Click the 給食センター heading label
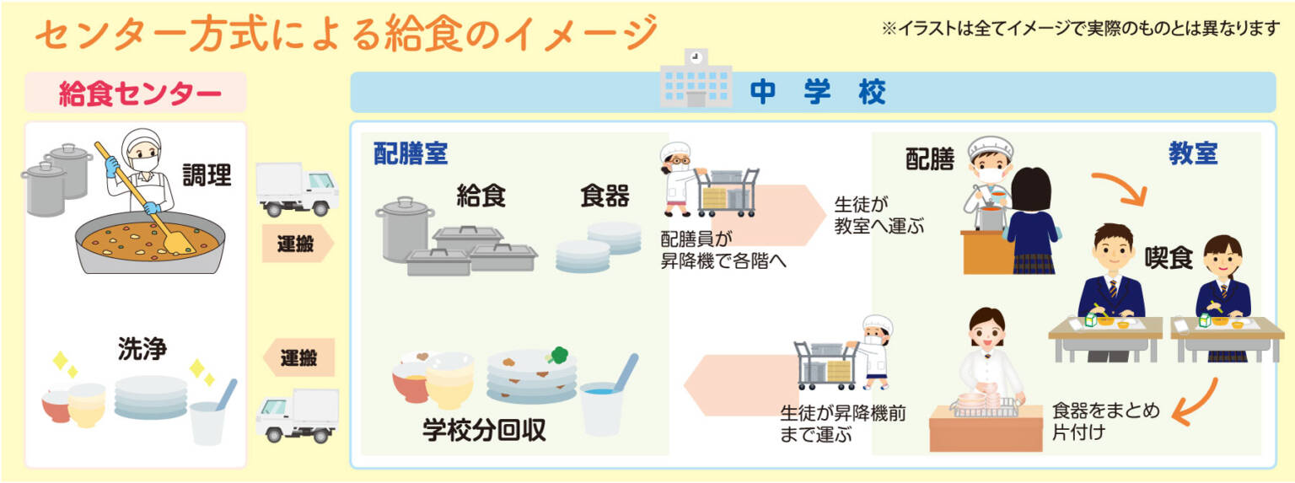(x=140, y=94)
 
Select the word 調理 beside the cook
(x=207, y=175)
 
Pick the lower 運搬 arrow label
(x=298, y=357)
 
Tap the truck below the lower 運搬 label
(x=297, y=416)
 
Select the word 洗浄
(x=142, y=349)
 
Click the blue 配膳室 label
(x=411, y=153)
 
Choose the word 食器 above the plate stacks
(x=605, y=196)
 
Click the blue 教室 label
(x=1193, y=153)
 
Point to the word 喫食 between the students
(x=1169, y=258)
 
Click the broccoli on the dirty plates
(x=558, y=355)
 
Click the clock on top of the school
(x=696, y=56)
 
